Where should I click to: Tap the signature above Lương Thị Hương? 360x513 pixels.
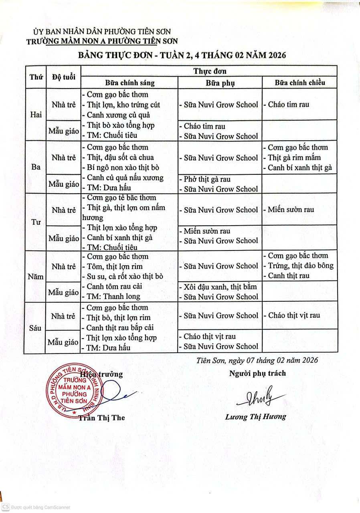click(x=261, y=397)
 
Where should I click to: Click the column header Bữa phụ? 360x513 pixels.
click(x=220, y=83)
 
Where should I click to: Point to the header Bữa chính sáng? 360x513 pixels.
click(x=129, y=83)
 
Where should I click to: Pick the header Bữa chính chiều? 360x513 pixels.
click(x=299, y=83)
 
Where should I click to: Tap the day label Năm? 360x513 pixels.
click(x=36, y=276)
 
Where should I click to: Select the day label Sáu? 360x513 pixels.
click(x=36, y=327)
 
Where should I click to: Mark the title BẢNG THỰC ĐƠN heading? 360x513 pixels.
click(x=182, y=55)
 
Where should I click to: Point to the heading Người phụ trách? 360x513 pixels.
click(x=257, y=373)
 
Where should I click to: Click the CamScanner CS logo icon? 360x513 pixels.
click(x=6, y=507)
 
